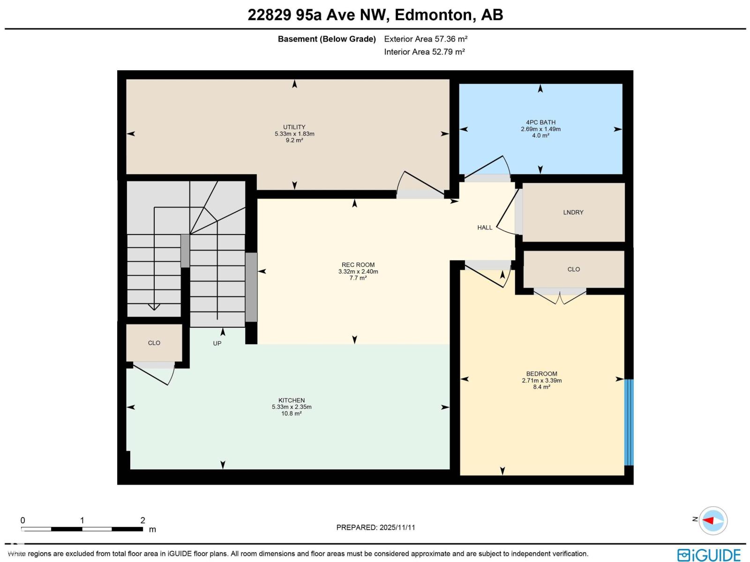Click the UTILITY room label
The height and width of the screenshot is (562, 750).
(x=294, y=127)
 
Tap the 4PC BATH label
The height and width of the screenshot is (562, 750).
(x=540, y=123)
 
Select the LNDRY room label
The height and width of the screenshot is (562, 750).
(x=573, y=213)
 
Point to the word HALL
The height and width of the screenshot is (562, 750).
(x=485, y=228)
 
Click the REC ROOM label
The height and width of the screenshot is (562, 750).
(x=358, y=265)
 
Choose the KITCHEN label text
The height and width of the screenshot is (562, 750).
(x=292, y=400)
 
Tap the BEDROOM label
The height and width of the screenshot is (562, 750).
(x=541, y=374)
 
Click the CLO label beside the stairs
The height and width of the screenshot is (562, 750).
(x=154, y=343)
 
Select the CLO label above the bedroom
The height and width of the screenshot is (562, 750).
(x=574, y=270)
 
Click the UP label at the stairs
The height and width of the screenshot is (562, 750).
(x=217, y=344)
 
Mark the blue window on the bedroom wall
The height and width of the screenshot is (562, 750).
(x=629, y=422)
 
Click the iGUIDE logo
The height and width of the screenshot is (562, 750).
(x=709, y=555)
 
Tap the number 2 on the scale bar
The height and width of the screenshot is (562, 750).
(x=142, y=520)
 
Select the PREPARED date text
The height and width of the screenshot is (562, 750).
(x=375, y=527)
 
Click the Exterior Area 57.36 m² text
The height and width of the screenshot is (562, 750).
(x=426, y=39)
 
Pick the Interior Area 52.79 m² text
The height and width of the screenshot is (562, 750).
(x=424, y=52)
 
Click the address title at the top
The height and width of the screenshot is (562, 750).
(x=375, y=15)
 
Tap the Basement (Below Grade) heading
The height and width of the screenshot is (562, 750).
(x=327, y=39)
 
